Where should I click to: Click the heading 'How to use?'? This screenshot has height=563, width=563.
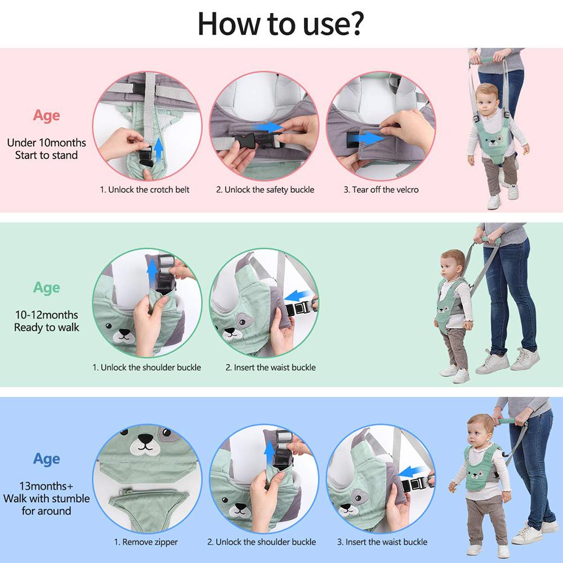tap(280, 23)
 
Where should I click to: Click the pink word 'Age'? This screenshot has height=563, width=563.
tap(46, 115)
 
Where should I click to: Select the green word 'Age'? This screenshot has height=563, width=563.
tap(46, 288)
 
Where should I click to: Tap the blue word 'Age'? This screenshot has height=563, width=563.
tap(46, 459)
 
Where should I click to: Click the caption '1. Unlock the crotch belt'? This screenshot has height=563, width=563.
tap(145, 190)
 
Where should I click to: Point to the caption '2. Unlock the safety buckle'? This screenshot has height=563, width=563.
tap(265, 190)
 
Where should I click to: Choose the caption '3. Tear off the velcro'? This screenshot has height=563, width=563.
tap(381, 190)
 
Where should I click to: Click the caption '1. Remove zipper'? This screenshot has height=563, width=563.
tap(146, 542)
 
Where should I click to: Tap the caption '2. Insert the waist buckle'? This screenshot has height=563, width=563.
tap(271, 368)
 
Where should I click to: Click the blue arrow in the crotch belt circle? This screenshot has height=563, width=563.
tap(159, 149)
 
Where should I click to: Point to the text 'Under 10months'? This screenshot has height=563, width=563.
tap(46, 142)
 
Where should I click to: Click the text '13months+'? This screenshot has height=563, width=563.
tap(46, 486)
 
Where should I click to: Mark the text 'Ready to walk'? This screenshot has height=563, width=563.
tap(46, 328)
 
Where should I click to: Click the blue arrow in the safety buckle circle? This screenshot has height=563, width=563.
tap(270, 127)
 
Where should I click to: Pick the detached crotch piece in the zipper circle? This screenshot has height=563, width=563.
tap(145, 503)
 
